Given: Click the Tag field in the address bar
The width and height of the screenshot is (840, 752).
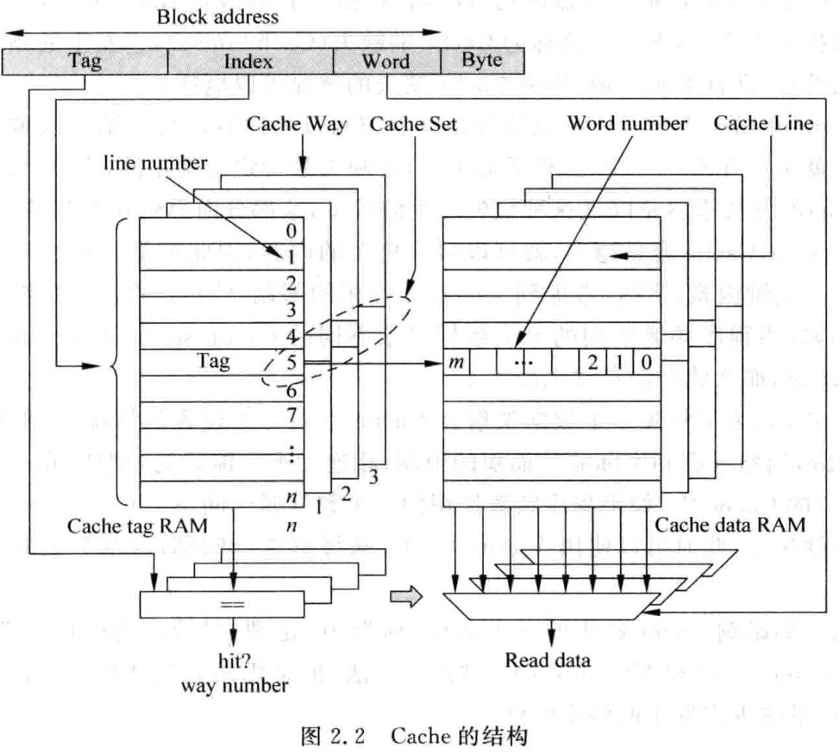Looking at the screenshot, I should [84, 61].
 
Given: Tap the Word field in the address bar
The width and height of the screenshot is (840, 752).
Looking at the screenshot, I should [386, 61].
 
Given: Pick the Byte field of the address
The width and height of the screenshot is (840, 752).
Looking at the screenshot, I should [482, 60].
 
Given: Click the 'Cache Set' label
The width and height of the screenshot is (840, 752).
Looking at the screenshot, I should [413, 124].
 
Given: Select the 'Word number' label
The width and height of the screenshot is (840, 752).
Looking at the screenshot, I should [627, 124].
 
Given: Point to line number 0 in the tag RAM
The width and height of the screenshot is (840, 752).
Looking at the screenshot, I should [290, 231].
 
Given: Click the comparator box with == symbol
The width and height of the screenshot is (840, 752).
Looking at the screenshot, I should [232, 603].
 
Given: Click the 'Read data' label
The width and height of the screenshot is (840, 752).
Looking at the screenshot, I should [548, 661].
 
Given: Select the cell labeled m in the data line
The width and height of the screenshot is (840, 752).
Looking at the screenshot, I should [456, 362].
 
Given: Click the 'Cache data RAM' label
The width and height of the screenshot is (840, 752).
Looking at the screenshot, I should [729, 525].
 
